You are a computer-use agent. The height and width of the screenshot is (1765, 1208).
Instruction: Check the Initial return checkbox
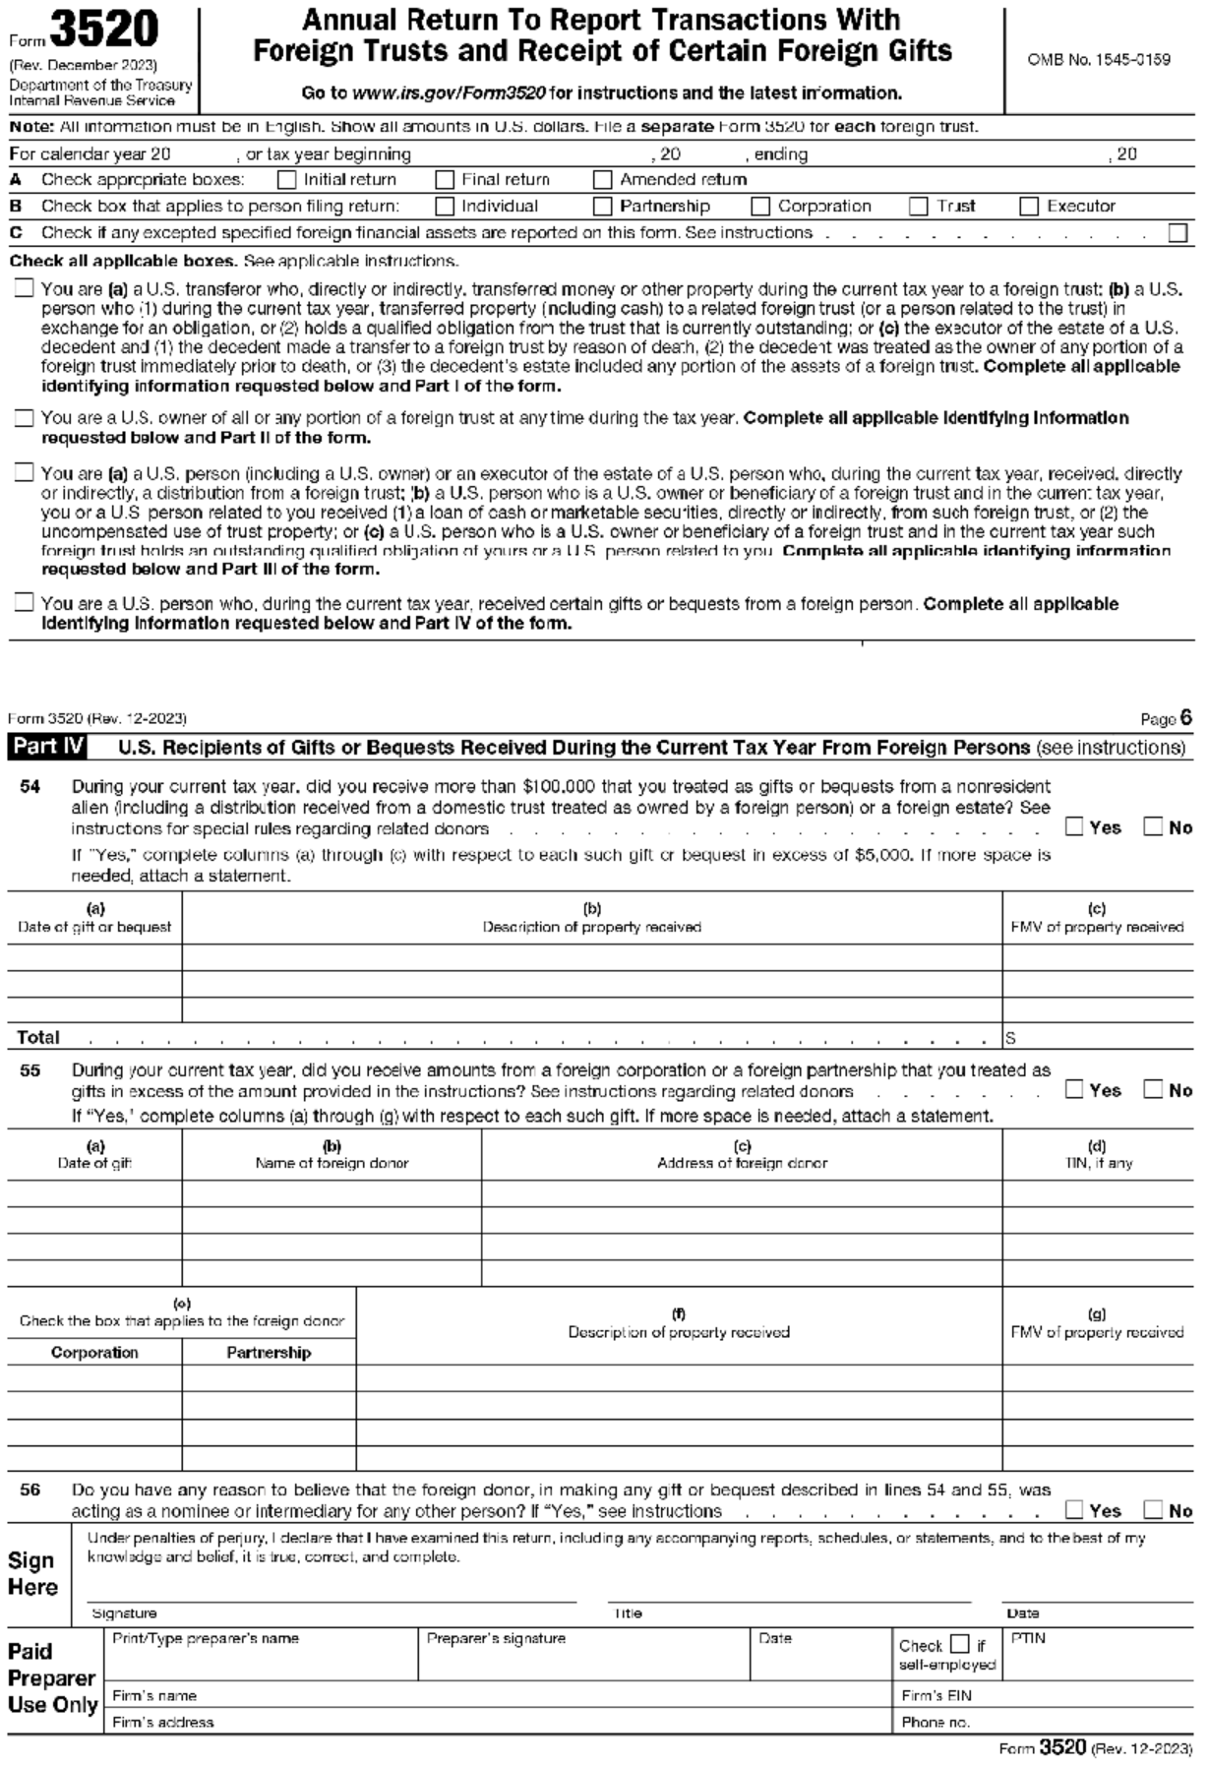287,180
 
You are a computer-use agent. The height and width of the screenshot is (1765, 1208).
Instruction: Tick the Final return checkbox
445,180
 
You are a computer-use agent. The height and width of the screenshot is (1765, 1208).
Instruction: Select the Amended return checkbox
603,180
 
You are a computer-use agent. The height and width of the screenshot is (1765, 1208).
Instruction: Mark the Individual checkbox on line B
445,207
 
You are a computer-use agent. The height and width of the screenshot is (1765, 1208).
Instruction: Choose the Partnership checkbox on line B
603,207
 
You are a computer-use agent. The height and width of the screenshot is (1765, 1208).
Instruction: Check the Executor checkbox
1029,207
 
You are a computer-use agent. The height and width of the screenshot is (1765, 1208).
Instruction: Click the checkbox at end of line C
1178,233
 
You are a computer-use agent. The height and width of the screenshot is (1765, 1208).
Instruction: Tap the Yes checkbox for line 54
1075,827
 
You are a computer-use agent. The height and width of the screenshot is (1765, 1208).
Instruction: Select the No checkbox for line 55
1154,1090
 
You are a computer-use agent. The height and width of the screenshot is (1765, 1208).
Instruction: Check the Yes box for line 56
1075,1510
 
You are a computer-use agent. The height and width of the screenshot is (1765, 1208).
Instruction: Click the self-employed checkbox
960,1645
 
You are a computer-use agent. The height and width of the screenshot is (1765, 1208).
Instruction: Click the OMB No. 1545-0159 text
1099,60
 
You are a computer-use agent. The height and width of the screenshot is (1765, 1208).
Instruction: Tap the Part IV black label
47,747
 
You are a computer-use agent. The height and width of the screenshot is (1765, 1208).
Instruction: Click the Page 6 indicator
1167,719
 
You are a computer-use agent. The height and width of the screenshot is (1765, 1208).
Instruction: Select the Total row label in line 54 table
37,1037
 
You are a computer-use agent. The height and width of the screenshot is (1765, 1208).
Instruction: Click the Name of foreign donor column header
332,1163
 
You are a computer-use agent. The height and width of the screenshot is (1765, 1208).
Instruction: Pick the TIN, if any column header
1097,1163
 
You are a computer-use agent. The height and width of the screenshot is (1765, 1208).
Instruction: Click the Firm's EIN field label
936,1695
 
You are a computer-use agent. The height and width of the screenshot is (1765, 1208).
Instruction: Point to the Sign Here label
32,1574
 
